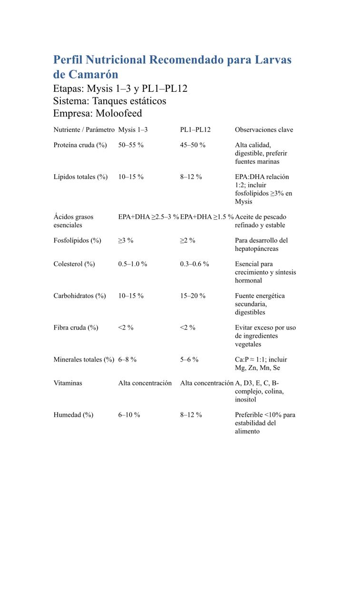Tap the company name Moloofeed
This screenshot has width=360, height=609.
(x=119, y=113)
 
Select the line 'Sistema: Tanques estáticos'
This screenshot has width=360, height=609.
(x=110, y=101)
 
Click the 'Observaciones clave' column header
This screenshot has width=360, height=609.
(x=264, y=130)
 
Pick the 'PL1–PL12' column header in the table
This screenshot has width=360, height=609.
(x=195, y=130)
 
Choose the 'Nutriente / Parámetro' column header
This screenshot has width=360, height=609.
(x=84, y=130)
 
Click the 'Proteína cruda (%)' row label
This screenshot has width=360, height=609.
(x=80, y=145)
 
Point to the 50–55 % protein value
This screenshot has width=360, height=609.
(x=131, y=145)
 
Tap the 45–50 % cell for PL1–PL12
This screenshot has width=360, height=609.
(x=193, y=145)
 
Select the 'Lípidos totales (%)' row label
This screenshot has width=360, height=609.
(x=80, y=177)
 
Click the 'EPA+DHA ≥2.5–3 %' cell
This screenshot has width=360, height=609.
(x=148, y=217)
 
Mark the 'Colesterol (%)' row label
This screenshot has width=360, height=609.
(x=74, y=264)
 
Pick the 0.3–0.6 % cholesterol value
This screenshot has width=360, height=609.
(x=194, y=264)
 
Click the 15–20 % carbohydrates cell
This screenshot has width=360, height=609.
(x=193, y=296)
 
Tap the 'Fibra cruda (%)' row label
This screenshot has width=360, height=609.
(x=76, y=328)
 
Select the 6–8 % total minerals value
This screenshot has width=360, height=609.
(x=127, y=360)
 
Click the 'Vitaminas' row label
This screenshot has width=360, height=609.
(x=68, y=383)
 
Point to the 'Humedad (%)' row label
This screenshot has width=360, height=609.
(x=73, y=415)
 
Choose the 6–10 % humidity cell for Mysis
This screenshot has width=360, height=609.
(x=129, y=415)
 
